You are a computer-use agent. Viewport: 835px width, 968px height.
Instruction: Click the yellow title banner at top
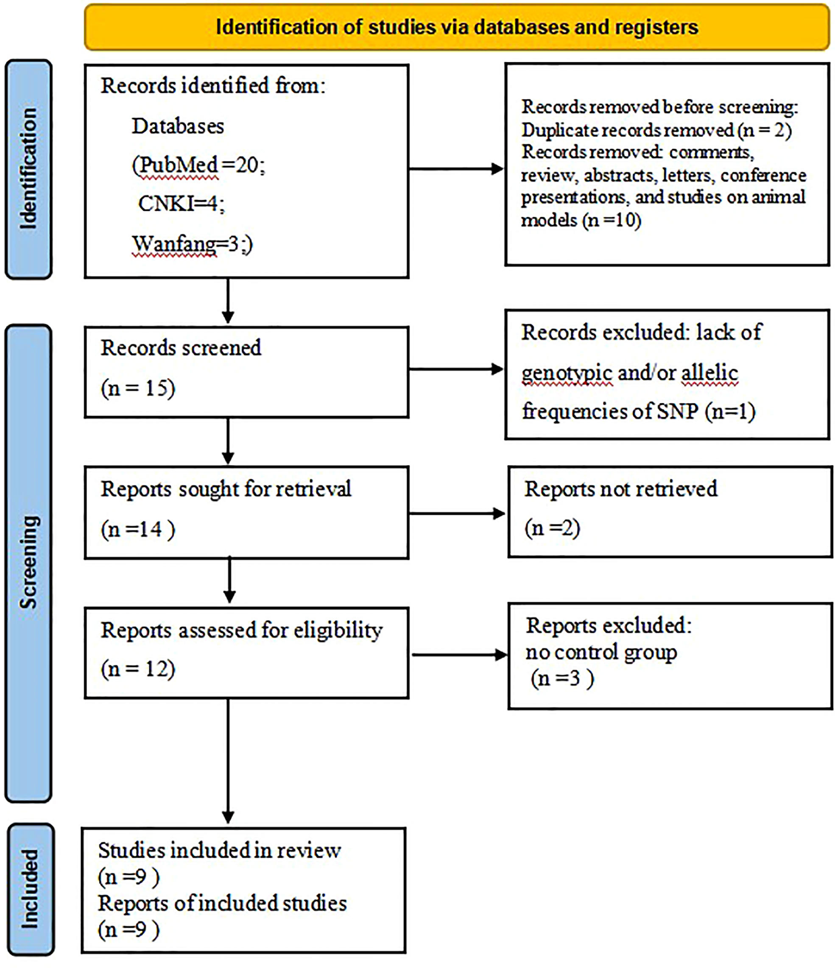pos(457,27)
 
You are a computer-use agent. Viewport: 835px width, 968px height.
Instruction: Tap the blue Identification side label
pos(28,169)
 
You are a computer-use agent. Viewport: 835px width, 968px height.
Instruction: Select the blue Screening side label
pos(28,564)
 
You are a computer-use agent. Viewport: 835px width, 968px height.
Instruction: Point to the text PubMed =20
pos(198,165)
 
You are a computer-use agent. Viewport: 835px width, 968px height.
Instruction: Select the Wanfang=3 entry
pos(192,244)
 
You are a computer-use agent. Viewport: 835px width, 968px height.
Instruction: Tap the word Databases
pos(178,126)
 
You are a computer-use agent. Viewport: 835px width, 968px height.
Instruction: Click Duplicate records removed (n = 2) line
pos(656,130)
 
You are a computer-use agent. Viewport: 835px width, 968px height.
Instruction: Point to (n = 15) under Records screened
pos(138,388)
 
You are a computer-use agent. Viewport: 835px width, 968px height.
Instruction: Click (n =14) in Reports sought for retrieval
pos(138,529)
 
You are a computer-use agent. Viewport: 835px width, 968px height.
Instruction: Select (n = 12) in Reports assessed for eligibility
pos(138,669)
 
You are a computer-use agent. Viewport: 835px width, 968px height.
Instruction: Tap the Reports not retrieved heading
pos(620,489)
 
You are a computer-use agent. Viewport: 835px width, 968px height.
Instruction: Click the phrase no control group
pos(601,652)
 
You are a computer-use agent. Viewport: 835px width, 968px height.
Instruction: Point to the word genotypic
pos(567,373)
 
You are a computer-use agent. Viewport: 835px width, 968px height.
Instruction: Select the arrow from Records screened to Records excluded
pos(455,370)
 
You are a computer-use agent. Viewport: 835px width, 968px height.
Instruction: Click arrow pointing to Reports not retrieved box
pos(457,514)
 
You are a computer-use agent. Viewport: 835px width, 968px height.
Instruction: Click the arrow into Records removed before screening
pos(455,169)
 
